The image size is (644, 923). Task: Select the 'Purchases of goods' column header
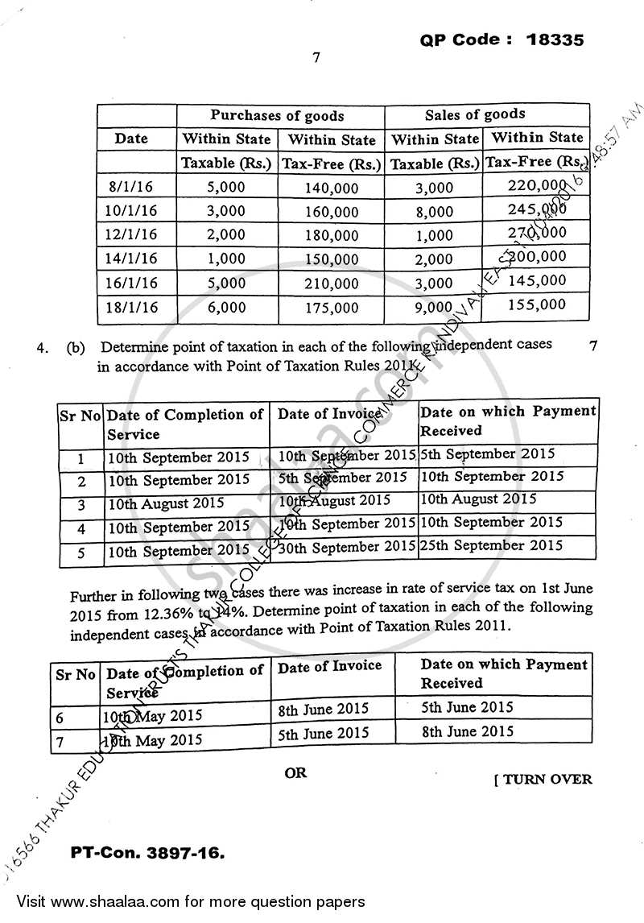277,115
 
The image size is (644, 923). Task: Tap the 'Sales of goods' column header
474,114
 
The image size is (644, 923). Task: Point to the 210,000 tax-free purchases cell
332,284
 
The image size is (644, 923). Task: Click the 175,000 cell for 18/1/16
332,308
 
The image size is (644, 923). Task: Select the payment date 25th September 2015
491,545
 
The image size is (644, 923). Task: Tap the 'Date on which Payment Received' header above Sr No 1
508,420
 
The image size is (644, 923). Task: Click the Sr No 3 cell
80,505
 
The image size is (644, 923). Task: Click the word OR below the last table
295,772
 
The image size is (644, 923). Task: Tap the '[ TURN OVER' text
543,779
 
